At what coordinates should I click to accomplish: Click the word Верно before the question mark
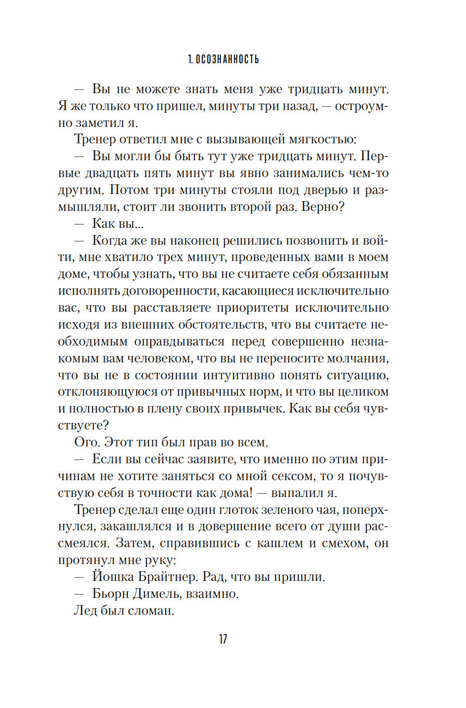click(x=341, y=207)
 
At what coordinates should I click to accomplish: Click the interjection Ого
click(x=85, y=441)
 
